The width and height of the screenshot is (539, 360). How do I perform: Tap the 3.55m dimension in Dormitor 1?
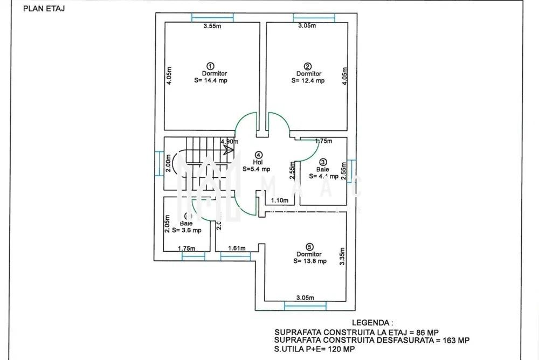212,26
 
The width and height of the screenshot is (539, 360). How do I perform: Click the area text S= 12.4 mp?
308,81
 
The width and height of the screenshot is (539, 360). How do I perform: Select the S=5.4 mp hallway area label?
256,169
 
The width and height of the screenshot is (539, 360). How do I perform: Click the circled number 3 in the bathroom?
323,161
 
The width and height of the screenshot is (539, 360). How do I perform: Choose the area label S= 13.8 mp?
310,261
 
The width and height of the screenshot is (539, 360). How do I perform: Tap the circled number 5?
309,247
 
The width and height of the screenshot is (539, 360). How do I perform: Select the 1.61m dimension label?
237,248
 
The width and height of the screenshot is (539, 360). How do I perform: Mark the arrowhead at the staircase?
229,150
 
